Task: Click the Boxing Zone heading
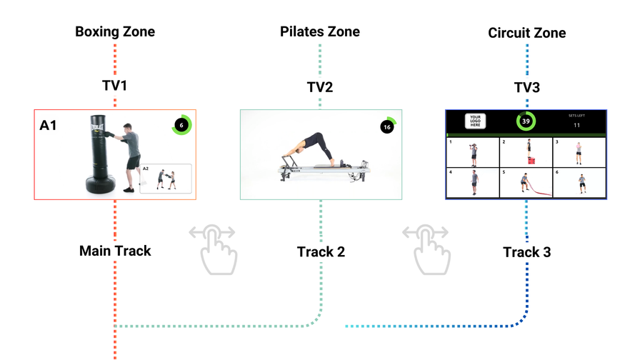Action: (114, 32)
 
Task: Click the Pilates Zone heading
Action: (319, 32)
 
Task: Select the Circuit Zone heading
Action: (526, 34)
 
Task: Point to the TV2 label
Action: (319, 88)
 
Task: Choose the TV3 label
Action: (526, 88)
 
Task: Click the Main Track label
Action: (115, 251)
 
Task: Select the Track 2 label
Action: (321, 251)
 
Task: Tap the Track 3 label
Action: (527, 252)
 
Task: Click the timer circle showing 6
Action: (181, 125)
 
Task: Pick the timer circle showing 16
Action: (387, 126)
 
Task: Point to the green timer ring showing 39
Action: (526, 121)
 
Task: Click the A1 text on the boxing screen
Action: (49, 126)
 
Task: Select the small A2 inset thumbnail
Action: (166, 179)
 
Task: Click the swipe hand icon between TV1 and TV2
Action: (212, 249)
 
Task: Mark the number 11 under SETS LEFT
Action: (576, 126)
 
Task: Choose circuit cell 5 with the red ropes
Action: (526, 182)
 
